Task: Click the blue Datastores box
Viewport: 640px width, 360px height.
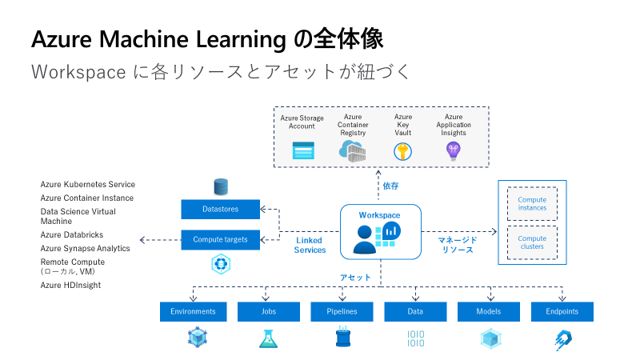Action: click(220, 210)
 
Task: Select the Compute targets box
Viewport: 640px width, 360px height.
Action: click(220, 239)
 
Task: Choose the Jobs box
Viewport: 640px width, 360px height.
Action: click(269, 311)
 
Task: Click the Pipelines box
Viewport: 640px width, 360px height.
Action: click(342, 311)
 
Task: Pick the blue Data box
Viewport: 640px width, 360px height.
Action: click(415, 311)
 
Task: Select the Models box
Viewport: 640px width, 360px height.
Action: click(489, 311)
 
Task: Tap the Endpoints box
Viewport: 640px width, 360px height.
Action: click(562, 311)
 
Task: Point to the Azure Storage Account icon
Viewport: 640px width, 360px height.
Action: click(302, 150)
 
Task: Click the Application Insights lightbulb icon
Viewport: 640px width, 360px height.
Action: click(454, 150)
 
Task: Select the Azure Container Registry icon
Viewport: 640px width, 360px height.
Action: click(352, 150)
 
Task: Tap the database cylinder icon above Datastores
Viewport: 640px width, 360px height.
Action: click(221, 187)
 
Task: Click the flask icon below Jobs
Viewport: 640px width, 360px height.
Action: click(267, 338)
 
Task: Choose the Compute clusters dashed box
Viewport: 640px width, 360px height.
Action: click(532, 242)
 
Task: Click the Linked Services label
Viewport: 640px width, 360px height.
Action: click(310, 245)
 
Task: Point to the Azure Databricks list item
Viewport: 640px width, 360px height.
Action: click(73, 235)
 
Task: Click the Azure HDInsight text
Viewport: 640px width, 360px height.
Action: click(71, 285)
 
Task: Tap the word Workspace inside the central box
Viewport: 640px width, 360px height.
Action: click(379, 215)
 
